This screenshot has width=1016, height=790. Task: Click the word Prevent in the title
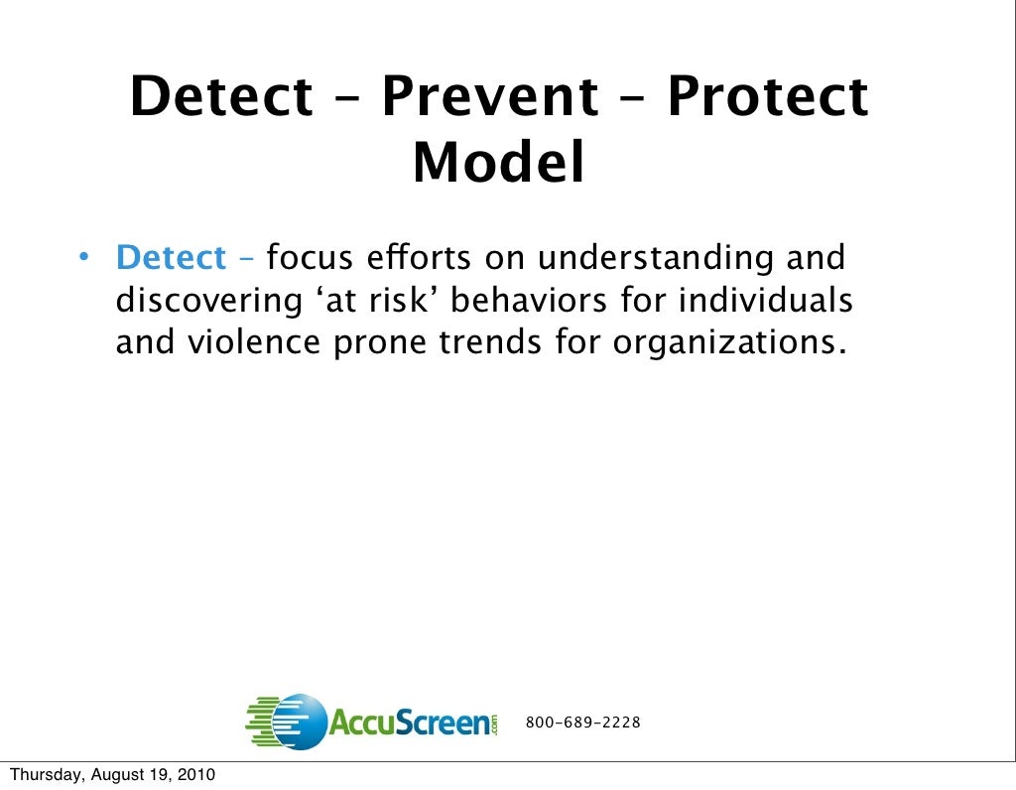click(x=489, y=98)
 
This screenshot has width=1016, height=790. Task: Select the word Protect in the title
click(x=767, y=98)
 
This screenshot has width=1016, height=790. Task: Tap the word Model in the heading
click(x=498, y=164)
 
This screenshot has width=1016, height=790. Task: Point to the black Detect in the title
click(x=221, y=98)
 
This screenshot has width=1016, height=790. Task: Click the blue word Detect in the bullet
click(x=171, y=258)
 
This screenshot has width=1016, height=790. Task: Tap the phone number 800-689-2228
click(x=582, y=723)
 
